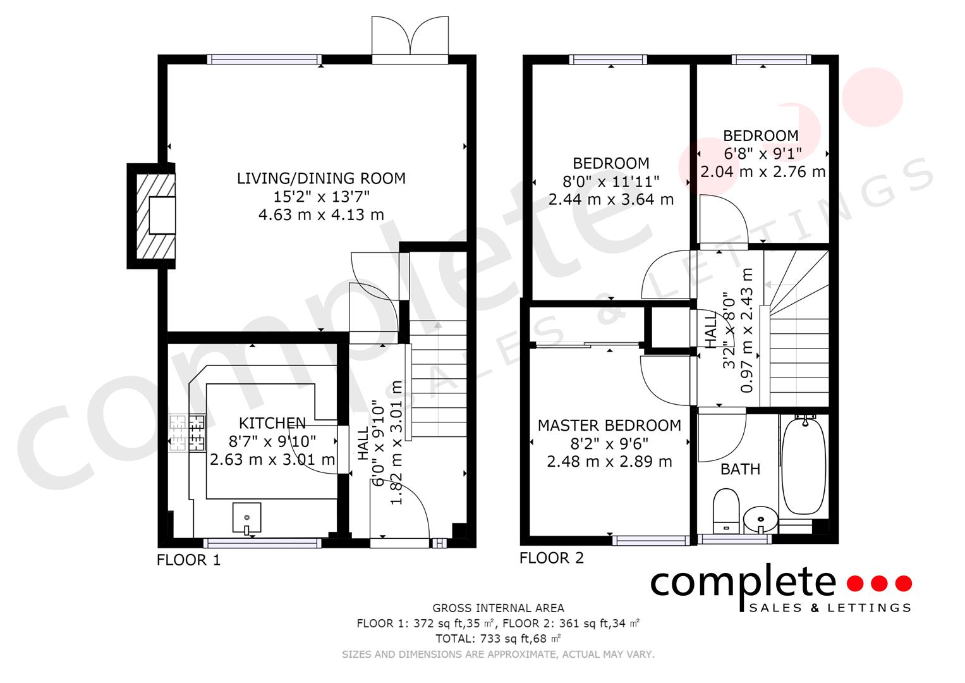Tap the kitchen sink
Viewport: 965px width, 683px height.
coord(246,517)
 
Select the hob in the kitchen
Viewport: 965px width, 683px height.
coord(187,433)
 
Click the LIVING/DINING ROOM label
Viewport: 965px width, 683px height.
coord(321,178)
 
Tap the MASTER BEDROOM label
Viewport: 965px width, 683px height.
coord(609,426)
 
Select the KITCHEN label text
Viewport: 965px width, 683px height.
coord(272,423)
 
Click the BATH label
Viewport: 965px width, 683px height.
coord(740,469)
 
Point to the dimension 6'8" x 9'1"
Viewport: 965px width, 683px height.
coord(762,154)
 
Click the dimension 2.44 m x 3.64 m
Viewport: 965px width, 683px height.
coord(610,200)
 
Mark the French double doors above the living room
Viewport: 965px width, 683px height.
coord(410,39)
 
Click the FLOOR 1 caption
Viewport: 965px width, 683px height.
coord(188,560)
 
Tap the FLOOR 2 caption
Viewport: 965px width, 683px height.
coord(551,558)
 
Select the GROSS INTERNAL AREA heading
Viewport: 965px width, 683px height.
coord(498,608)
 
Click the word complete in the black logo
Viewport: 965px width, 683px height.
coord(743,583)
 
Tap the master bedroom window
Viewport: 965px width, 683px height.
coord(651,540)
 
